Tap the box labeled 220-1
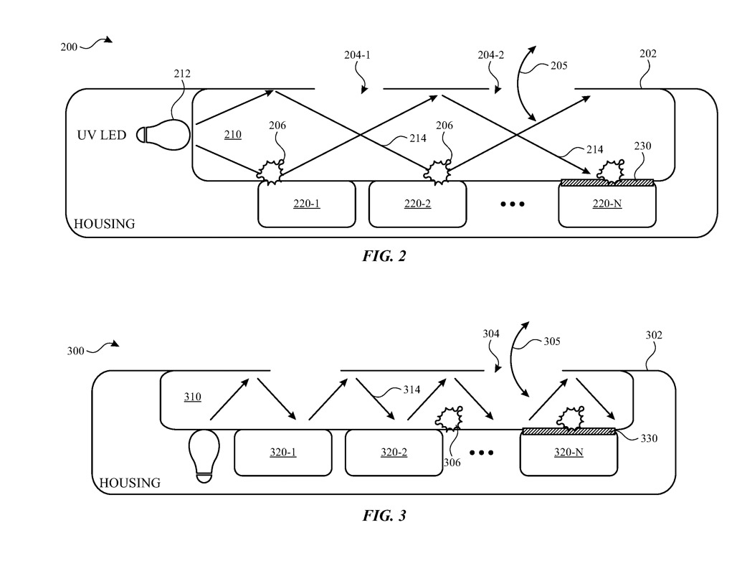pyautogui.click(x=306, y=204)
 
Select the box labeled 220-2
pyautogui.click(x=417, y=204)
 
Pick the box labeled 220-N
pyautogui.click(x=607, y=205)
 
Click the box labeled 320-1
pyautogui.click(x=283, y=453)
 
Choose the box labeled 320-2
pyautogui.click(x=394, y=453)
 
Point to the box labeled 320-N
pyautogui.click(x=568, y=454)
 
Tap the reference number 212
pyautogui.click(x=184, y=73)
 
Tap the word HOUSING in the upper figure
pyautogui.click(x=105, y=224)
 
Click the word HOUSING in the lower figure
pyautogui.click(x=130, y=483)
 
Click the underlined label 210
pyautogui.click(x=232, y=135)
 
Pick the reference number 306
pyautogui.click(x=451, y=463)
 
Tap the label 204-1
pyautogui.click(x=357, y=55)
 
